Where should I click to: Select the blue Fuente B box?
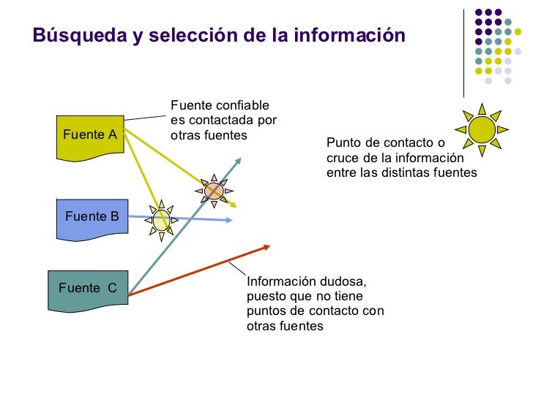click(x=92, y=216)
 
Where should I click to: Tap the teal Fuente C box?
click(x=88, y=288)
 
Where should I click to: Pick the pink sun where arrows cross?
click(x=214, y=191)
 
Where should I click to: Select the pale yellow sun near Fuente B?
click(x=161, y=218)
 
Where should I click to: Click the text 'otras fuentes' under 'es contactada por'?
click(x=209, y=136)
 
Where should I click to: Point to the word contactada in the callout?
click(x=214, y=121)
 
